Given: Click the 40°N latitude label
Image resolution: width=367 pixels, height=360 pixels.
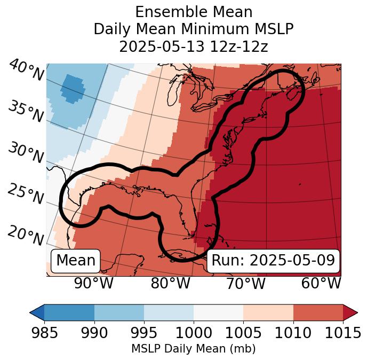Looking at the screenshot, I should point(26,71).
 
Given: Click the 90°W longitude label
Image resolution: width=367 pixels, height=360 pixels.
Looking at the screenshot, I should point(93,284).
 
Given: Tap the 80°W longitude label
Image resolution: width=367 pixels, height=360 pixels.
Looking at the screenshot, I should point(170,284).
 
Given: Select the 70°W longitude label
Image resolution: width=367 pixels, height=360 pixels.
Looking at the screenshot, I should point(246,284).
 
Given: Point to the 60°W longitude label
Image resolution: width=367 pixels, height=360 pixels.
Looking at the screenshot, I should point(321,284).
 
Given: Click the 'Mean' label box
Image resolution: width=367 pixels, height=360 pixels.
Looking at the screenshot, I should point(76,261).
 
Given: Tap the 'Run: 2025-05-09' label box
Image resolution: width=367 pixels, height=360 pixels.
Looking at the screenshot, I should point(273,261).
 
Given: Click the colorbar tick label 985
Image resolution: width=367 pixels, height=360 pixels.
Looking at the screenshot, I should point(44,333).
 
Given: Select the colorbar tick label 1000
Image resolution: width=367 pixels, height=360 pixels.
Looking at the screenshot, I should point(194,333).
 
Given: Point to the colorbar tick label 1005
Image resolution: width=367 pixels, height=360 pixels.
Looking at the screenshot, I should point(243,333).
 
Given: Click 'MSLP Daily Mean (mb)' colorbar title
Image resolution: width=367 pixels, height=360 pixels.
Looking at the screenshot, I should point(194,349).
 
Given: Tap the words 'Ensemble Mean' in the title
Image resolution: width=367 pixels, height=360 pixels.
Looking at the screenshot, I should point(194,12).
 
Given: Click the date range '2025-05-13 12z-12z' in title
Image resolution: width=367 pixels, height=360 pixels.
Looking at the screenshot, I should point(194,46).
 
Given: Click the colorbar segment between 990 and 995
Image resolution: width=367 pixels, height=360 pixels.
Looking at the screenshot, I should point(119,312).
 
